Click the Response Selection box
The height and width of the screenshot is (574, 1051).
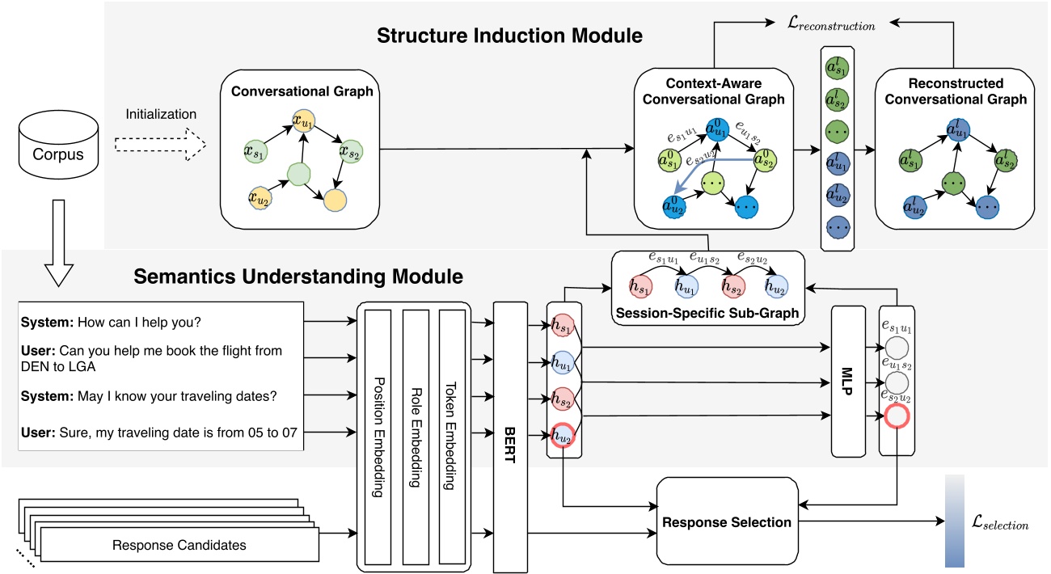[x=727, y=521]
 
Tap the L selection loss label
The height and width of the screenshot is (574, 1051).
[x=1000, y=525]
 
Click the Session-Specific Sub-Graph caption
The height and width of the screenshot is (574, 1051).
[x=707, y=313]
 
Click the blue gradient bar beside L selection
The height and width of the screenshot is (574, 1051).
[x=956, y=522]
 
